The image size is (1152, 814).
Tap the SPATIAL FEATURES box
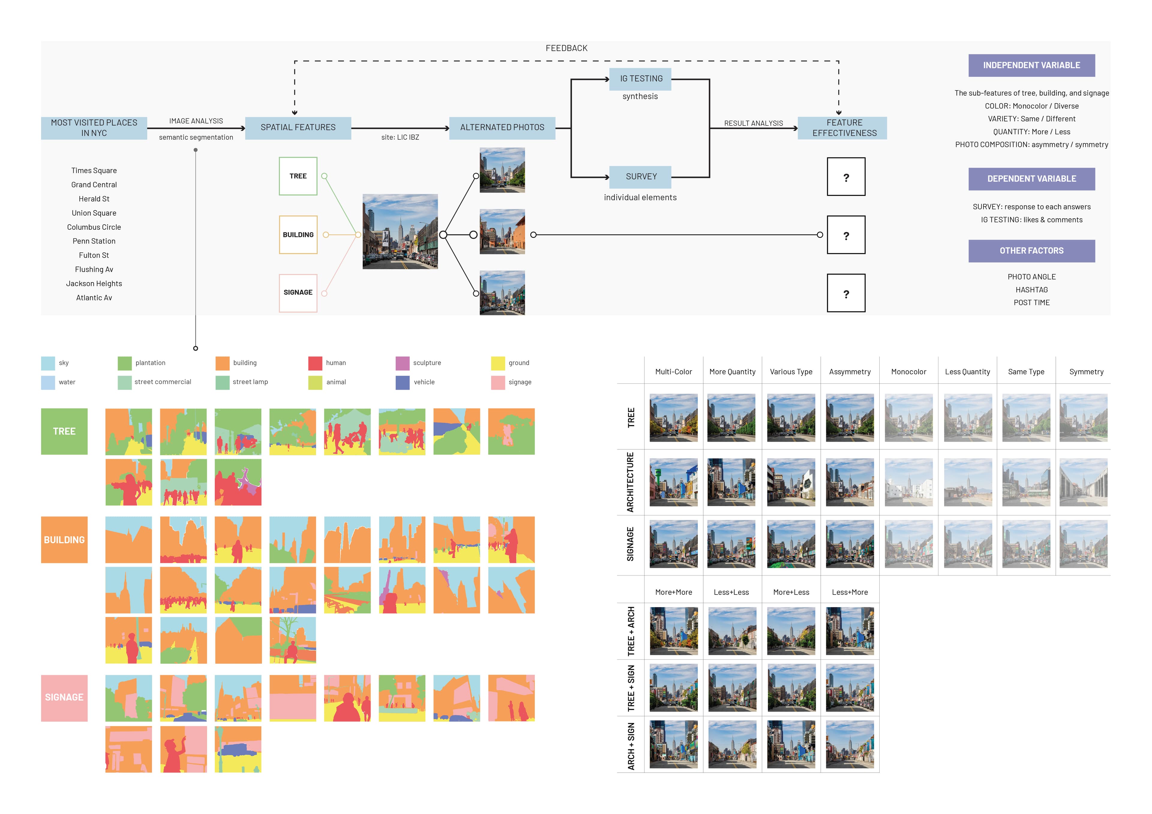(298, 127)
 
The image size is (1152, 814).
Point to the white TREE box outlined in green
(298, 176)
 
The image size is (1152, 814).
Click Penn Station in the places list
(94, 241)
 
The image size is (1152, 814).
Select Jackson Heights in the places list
(94, 283)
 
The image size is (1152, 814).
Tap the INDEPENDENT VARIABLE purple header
(1031, 65)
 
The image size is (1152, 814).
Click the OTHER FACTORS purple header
(1031, 251)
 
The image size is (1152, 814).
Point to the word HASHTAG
(1031, 290)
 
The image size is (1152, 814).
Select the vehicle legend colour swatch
(402, 383)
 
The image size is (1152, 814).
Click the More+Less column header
(791, 592)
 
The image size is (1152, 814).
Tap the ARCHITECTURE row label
(630, 482)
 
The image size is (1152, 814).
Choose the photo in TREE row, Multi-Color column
(673, 418)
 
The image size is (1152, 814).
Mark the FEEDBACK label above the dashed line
(566, 48)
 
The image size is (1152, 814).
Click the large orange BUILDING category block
(64, 540)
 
